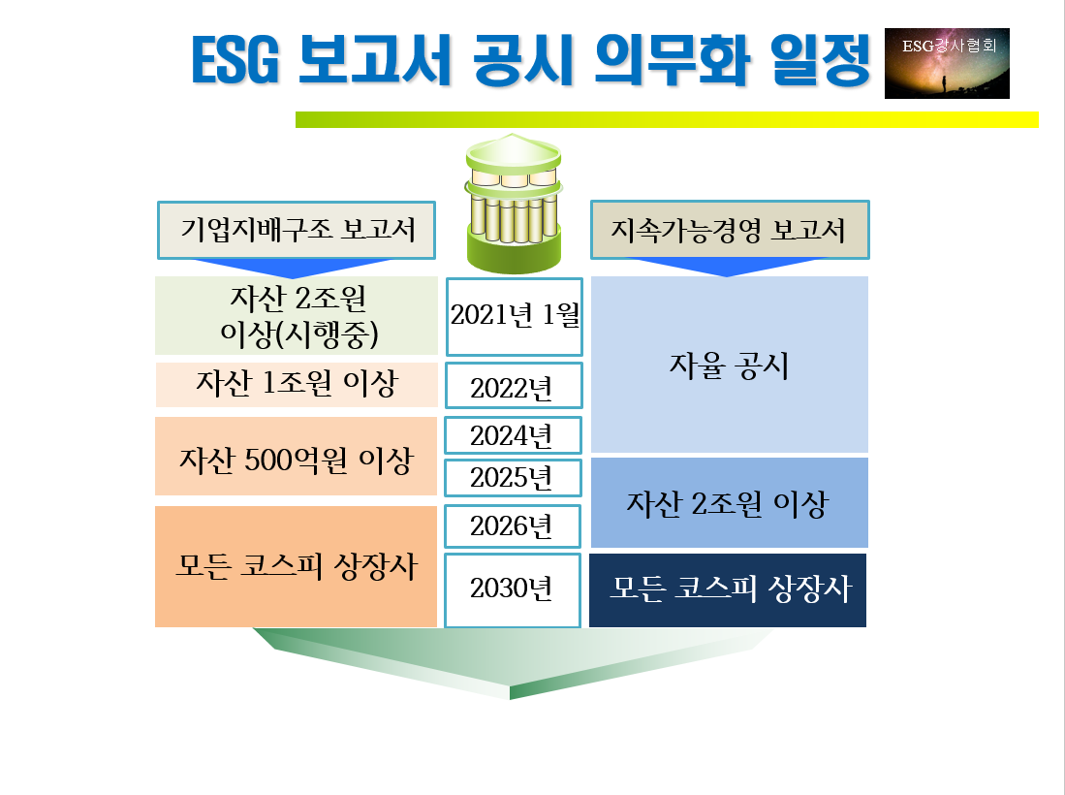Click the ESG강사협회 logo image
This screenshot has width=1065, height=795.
pos(947,63)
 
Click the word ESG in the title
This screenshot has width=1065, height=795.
pos(235,61)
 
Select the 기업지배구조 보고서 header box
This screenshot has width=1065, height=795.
pos(297,231)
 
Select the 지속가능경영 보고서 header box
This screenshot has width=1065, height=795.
pos(729,231)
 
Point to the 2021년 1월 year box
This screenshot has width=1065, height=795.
pos(514,316)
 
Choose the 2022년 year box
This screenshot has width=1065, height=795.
pos(514,386)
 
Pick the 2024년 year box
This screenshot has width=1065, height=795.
pos(514,435)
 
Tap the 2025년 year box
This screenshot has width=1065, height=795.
pos(514,477)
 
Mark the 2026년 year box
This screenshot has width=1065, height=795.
pos(514,525)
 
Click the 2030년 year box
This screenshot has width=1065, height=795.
pos(514,588)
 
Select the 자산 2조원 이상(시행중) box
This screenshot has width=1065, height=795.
pos(297,315)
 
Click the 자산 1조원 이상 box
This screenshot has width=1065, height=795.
pos(297,385)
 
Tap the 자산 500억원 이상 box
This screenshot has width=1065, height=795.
pos(297,457)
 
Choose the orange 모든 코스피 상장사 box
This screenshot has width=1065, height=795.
pos(297,566)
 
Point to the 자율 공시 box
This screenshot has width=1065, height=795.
pos(729,366)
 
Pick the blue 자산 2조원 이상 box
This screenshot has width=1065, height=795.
pos(729,503)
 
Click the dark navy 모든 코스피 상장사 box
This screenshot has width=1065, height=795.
pos(729,589)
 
